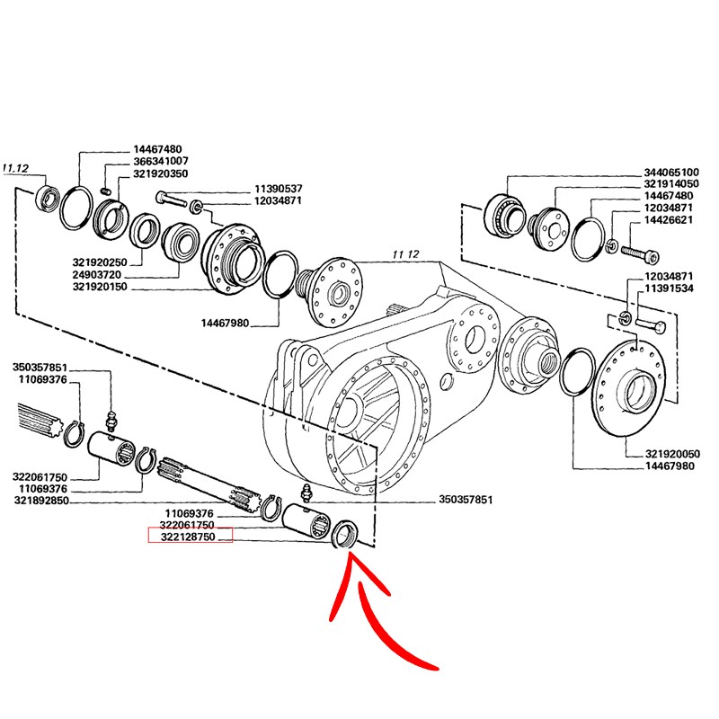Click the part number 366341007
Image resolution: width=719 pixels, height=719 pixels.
point(161,161)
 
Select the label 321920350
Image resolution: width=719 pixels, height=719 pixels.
point(161,173)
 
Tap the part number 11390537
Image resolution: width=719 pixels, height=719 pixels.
point(278,189)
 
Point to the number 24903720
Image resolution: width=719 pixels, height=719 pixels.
point(101,275)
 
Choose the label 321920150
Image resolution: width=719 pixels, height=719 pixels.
point(101,288)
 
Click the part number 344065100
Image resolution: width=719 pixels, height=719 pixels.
point(670,171)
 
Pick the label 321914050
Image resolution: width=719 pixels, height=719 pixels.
point(670,183)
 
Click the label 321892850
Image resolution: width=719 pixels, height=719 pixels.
point(40,500)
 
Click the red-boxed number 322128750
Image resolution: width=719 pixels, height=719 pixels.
point(190,536)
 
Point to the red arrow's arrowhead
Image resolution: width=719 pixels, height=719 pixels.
point(352,559)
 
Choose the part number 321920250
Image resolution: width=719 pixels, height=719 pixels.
point(101,262)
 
